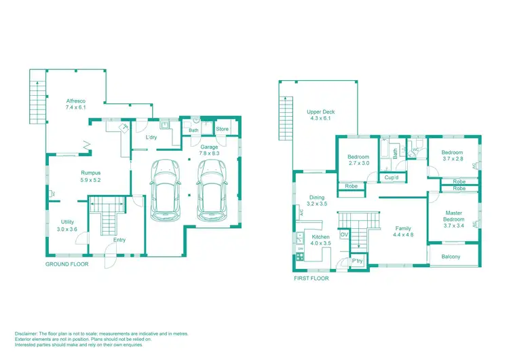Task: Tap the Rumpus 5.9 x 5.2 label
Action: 91,176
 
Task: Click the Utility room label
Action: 67,226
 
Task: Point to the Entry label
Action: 119,240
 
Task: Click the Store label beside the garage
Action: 223,129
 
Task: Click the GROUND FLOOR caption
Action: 67,263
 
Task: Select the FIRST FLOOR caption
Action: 311,278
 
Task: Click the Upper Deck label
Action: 321,115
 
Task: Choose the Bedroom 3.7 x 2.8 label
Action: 452,156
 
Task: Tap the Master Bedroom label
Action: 453,216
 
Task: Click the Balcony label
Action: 451,256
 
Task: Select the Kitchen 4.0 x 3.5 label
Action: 320,240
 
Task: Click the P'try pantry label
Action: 357,262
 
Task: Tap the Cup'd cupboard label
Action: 391,178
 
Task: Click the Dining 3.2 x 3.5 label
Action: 317,200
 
